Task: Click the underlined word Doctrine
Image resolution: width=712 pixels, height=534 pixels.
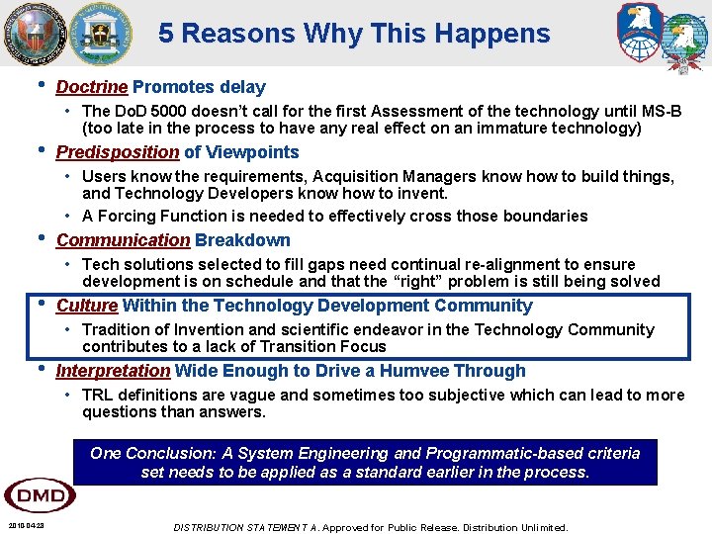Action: point(92,87)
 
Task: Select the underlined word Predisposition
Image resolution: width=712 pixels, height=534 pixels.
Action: point(118,152)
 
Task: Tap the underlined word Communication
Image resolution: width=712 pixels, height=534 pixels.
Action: point(123,240)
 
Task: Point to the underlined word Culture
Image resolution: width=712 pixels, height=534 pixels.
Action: point(87,306)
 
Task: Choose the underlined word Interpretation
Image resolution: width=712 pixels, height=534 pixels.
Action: point(113,371)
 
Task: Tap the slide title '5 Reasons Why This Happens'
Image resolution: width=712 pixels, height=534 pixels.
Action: point(354,34)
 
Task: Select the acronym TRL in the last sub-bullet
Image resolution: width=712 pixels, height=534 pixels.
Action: point(98,395)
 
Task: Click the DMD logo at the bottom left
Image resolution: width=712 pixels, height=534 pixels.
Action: point(40,494)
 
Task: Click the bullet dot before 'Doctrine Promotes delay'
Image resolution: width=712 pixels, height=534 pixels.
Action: point(39,85)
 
